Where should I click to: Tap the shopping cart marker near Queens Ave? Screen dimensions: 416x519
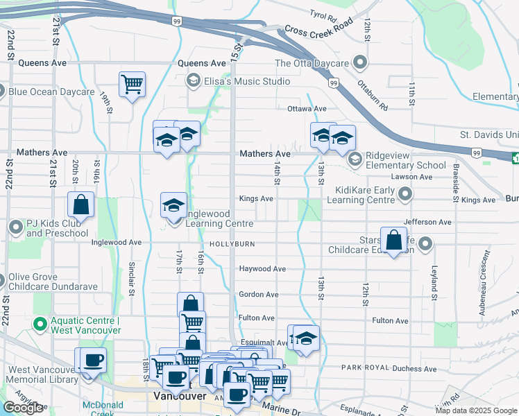point(132,85)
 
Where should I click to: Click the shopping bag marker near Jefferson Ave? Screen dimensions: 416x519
point(393,241)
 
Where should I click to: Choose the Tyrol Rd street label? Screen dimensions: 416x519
point(323,14)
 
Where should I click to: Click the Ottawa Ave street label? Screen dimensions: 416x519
point(307,109)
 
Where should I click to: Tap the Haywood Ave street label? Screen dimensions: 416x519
point(262,268)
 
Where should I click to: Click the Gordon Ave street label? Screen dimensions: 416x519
point(258,295)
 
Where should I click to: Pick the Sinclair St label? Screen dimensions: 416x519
point(131,278)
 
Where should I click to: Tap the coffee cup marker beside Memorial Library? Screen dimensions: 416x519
point(92,360)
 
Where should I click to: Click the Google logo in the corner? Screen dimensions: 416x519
point(23,408)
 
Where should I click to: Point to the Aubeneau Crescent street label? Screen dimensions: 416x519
point(481,292)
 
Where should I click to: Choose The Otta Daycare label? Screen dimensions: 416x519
point(312,63)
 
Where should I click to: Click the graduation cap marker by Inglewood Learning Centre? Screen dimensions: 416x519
point(173,205)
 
